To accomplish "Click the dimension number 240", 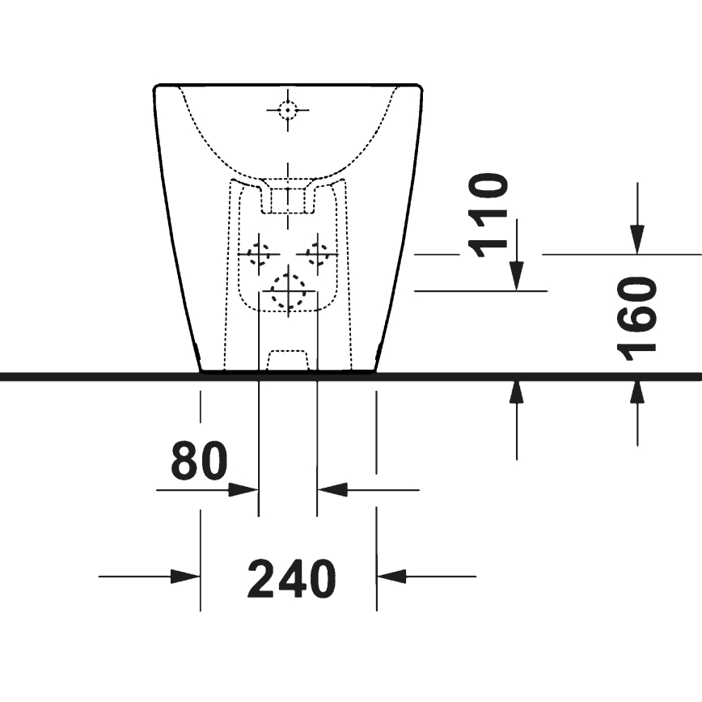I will click(x=291, y=578).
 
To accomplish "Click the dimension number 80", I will click(x=199, y=462).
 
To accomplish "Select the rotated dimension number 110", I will click(x=490, y=215).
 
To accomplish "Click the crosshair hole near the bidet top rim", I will click(x=288, y=108).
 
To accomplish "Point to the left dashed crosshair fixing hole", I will click(x=259, y=254).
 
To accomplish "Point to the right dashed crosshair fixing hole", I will click(x=318, y=254).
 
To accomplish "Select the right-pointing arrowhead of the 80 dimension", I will click(x=244, y=490).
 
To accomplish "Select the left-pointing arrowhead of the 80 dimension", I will click(x=331, y=490).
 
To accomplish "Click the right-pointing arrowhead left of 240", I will click(x=186, y=577).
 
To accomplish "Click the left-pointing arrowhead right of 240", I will click(x=391, y=577).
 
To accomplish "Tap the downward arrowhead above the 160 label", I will click(x=637, y=239).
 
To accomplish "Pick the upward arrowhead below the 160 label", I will click(x=637, y=392).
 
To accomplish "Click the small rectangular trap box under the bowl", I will click(x=287, y=200).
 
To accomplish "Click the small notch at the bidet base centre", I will click(x=288, y=361).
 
